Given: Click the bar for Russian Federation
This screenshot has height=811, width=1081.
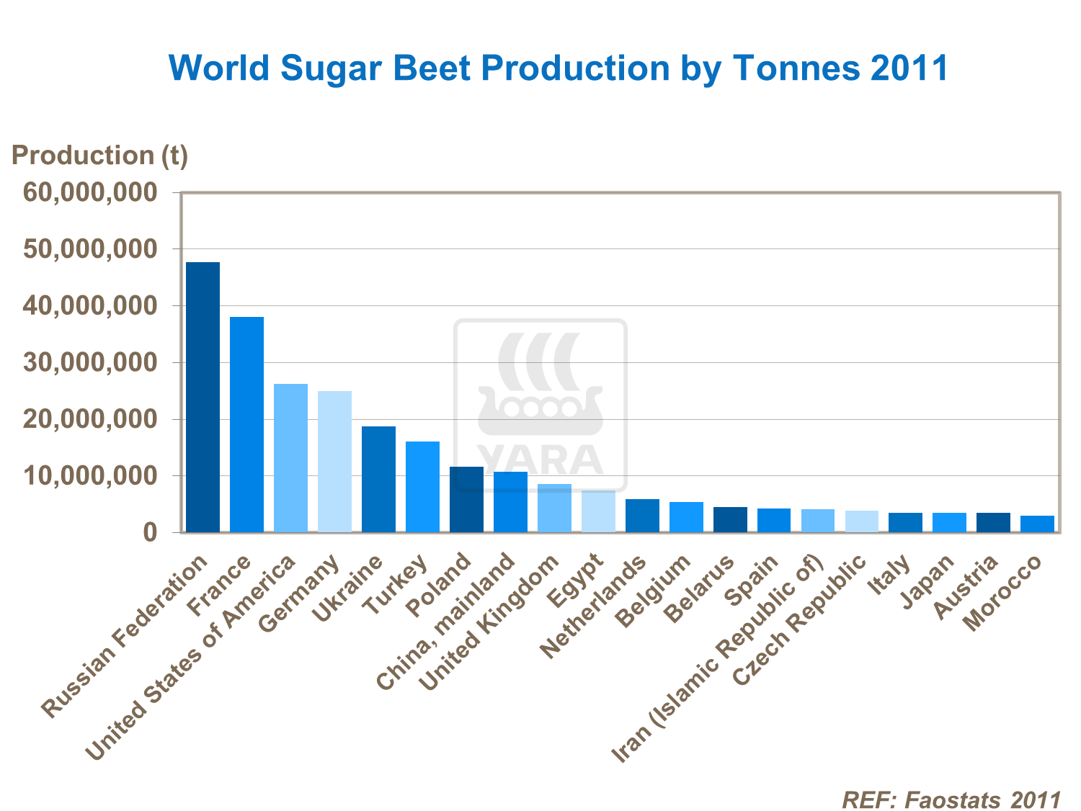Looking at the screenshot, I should point(203,398).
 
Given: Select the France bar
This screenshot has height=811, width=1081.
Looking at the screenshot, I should point(246,425).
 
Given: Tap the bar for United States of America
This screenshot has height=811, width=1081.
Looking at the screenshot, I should point(290,458).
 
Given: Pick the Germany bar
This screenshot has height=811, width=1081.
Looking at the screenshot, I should point(334,462).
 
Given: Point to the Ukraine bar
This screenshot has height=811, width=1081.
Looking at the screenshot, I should point(378,480).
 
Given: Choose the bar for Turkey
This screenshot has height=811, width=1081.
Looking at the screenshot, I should point(422,487).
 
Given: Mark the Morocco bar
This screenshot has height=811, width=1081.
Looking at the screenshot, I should point(1037,524).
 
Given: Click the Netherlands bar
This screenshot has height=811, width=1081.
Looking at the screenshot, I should point(642,516).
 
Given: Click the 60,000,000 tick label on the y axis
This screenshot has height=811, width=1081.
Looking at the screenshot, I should point(89,192).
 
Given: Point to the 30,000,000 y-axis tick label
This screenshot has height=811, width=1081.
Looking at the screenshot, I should point(89,362).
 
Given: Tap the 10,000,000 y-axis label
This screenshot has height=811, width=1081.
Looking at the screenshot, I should point(89,476).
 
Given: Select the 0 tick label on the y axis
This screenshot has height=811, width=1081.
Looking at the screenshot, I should point(149,533).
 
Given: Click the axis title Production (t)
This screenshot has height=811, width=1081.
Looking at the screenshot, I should point(99,156).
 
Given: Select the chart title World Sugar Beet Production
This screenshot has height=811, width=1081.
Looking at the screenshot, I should point(559,68).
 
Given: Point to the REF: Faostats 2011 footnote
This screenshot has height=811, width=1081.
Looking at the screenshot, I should point(951,800).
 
